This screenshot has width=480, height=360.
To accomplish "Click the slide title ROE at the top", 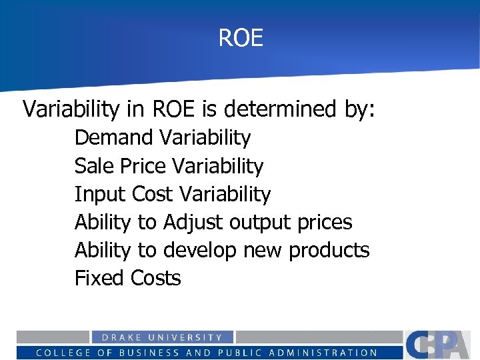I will click(241, 38).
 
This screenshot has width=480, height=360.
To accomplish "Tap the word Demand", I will click(114, 138).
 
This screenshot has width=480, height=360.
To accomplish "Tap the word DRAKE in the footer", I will click(121, 338).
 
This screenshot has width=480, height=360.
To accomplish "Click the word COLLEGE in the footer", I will click(64, 353).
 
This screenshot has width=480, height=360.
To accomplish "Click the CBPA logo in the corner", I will click(440, 345).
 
